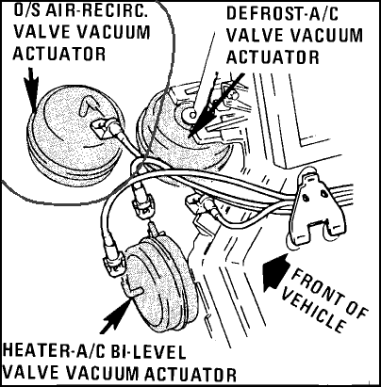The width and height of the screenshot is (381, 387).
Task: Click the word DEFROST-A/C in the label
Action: [282, 13]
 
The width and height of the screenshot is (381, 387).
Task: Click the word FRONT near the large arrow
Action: [330, 293]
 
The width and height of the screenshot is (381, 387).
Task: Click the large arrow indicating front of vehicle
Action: [276, 271]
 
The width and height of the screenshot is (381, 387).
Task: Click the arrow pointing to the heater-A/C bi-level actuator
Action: [115, 316]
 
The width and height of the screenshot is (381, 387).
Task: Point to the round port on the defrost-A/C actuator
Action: [190, 114]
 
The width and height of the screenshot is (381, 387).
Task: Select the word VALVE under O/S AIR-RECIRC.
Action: [39, 32]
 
